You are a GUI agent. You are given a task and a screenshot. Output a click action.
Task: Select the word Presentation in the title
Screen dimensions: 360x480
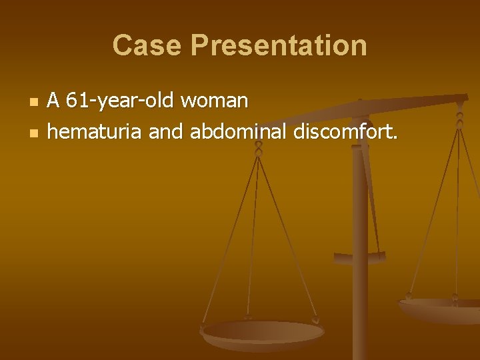pyautogui.click(x=278, y=45)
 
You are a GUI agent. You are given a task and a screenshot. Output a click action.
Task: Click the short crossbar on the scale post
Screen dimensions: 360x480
pyautogui.click(x=360, y=256)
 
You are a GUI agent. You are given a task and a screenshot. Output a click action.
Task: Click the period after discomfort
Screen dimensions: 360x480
pyautogui.click(x=395, y=138)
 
